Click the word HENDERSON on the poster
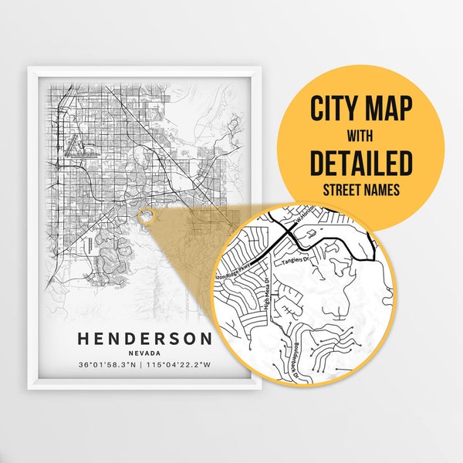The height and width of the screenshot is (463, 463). click(x=144, y=338)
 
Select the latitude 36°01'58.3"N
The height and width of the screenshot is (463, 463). click(x=107, y=364)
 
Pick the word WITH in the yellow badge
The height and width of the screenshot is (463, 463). click(x=361, y=137)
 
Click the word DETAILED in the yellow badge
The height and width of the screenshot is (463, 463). click(x=361, y=163)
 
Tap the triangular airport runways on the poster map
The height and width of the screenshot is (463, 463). click(x=75, y=143)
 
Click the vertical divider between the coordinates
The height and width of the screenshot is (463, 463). click(x=144, y=364)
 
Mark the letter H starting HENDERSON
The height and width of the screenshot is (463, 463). click(x=83, y=338)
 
